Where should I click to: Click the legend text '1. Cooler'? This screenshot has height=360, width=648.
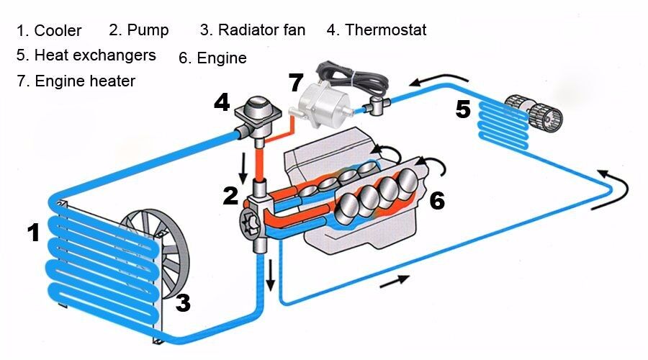pyautogui.click(x=49, y=31)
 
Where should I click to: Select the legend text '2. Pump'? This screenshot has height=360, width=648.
pyautogui.click(x=139, y=30)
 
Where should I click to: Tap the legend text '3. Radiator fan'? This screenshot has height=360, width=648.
pyautogui.click(x=253, y=30)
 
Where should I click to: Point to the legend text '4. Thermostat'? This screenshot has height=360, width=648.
pyautogui.click(x=377, y=30)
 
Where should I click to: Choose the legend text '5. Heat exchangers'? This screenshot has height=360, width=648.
pyautogui.click(x=86, y=55)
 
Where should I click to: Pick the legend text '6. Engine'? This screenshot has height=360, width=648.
pyautogui.click(x=212, y=58)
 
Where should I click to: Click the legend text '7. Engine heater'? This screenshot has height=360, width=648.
pyautogui.click(x=76, y=81)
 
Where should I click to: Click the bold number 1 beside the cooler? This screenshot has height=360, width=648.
pyautogui.click(x=33, y=233)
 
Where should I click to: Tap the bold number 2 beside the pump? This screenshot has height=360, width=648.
pyautogui.click(x=230, y=196)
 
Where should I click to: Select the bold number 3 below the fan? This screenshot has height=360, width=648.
pyautogui.click(x=183, y=303)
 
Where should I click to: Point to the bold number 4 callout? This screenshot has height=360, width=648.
pyautogui.click(x=222, y=104)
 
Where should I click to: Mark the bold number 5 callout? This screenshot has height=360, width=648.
pyautogui.click(x=463, y=110)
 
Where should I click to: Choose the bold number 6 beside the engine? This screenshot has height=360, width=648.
pyautogui.click(x=437, y=201)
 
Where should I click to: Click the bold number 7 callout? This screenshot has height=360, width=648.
pyautogui.click(x=296, y=83)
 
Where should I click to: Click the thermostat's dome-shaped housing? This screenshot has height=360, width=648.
pyautogui.click(x=253, y=109)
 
